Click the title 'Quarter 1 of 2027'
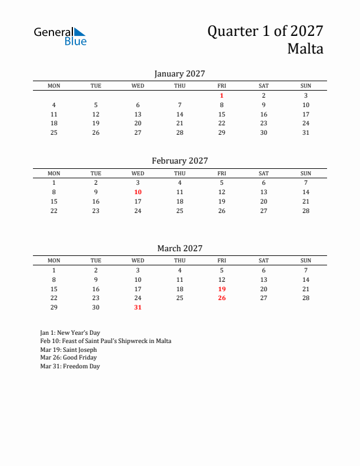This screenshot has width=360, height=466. [265, 31]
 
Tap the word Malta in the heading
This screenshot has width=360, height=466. [305, 49]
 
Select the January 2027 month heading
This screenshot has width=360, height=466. [179, 74]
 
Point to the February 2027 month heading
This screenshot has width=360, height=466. [179, 161]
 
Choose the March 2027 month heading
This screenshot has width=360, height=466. [179, 248]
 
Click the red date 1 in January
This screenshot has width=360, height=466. [222, 95]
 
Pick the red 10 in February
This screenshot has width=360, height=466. [138, 192]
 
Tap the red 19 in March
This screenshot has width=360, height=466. [222, 289]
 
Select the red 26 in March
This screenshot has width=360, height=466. [222, 298]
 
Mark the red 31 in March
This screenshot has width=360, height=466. [138, 307]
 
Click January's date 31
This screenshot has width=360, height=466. [306, 132]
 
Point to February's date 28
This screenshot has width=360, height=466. [306, 211]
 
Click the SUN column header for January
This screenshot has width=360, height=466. [306, 86]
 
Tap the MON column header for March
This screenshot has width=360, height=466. [54, 261]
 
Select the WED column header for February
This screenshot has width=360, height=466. [138, 174]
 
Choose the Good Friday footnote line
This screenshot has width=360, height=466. [68, 358]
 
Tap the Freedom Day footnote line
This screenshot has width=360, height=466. [70, 366]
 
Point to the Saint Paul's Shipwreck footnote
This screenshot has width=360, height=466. [106, 341]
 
